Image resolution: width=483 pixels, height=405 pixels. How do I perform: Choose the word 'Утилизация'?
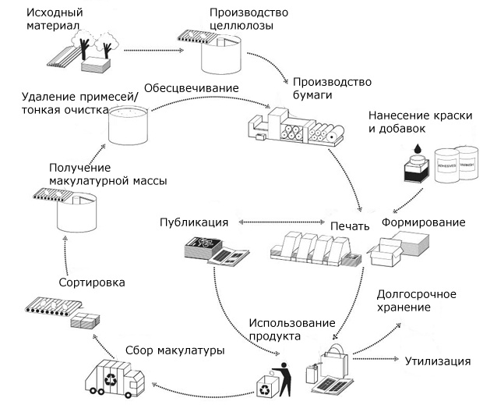438,361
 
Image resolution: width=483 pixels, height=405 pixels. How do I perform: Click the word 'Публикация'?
194,222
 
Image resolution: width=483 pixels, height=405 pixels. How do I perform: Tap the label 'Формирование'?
423,222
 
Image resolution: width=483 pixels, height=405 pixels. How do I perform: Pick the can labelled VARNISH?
468,164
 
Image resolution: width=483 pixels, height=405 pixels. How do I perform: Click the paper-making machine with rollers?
296,129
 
